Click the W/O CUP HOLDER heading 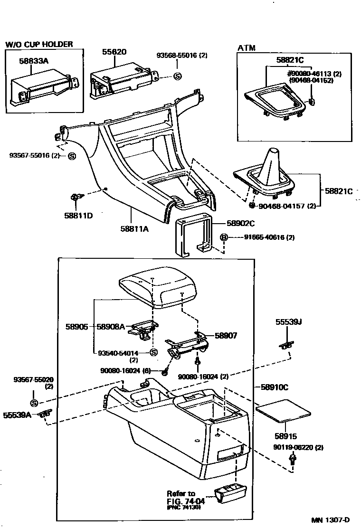click(x=39, y=44)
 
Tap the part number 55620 click(x=114, y=52)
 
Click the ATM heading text click(x=247, y=47)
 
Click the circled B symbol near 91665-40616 click(x=225, y=237)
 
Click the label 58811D click(x=79, y=215)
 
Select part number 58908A click(x=111, y=326)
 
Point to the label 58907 click(x=226, y=335)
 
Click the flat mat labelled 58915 click(x=282, y=410)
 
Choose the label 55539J click(x=289, y=322)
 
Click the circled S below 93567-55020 click(x=34, y=403)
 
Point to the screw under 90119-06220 click(x=293, y=459)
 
